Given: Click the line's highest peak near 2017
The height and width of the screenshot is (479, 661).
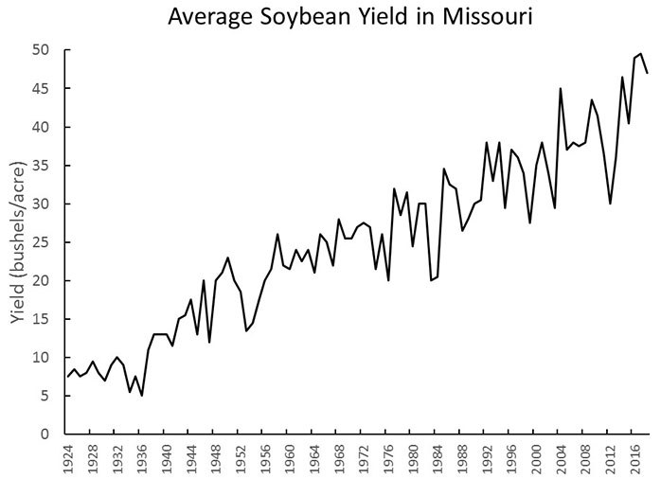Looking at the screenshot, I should coord(640,53).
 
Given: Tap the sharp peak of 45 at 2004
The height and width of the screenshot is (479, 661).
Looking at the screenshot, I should coord(561,88).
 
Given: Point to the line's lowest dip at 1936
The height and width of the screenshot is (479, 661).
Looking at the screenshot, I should coord(142,396).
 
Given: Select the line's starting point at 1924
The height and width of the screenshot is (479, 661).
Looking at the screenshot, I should coord(69,377).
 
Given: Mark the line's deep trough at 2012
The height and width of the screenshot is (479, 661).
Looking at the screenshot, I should coord(610,204).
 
